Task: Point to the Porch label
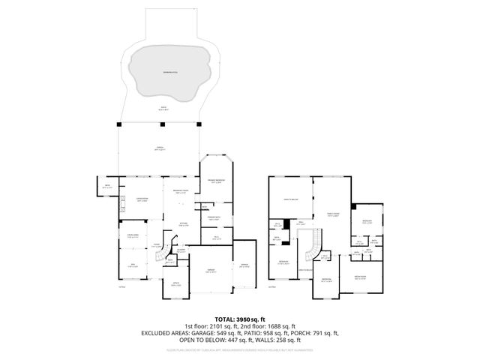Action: (160, 148)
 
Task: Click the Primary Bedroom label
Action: (217, 181)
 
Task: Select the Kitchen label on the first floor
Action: (182, 223)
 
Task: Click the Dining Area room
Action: (132, 237)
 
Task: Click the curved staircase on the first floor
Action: (163, 256)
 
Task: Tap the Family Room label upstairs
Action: (331, 214)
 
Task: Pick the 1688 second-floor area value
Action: (280, 326)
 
